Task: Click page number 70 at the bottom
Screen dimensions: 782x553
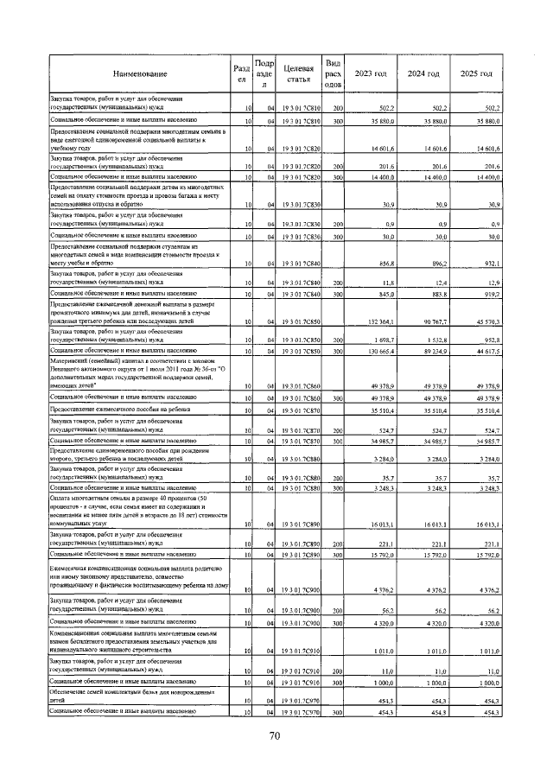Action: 276,735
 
